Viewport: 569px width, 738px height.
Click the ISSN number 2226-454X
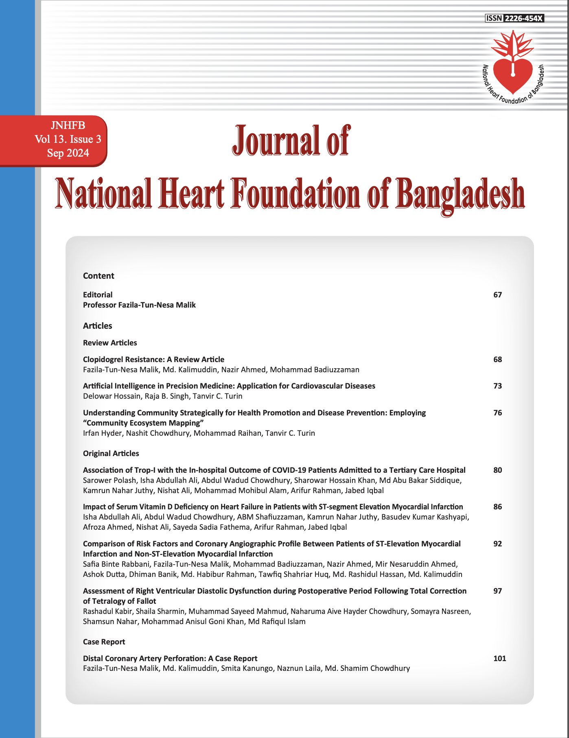pos(524,18)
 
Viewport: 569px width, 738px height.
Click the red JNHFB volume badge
pos(57,140)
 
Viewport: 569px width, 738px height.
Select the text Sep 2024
pos(68,153)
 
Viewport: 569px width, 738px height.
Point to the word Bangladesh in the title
pos(460,194)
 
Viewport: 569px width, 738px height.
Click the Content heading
pos(98,276)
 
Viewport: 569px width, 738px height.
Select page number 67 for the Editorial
pos(497,295)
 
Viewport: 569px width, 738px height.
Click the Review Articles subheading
pos(110,343)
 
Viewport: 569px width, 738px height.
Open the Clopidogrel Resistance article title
pos(153,359)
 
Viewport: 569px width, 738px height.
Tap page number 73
pos(497,386)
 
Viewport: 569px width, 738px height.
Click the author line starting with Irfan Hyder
pos(199,433)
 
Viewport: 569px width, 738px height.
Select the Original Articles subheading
pos(111,453)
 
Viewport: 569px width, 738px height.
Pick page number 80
pos(497,470)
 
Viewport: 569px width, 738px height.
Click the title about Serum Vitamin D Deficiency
pos(273,507)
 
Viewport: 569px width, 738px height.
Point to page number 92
pos(497,544)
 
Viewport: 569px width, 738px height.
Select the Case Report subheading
pos(104,642)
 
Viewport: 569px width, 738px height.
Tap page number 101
pos(499,658)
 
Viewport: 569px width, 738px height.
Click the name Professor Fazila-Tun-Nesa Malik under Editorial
pos(139,305)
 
